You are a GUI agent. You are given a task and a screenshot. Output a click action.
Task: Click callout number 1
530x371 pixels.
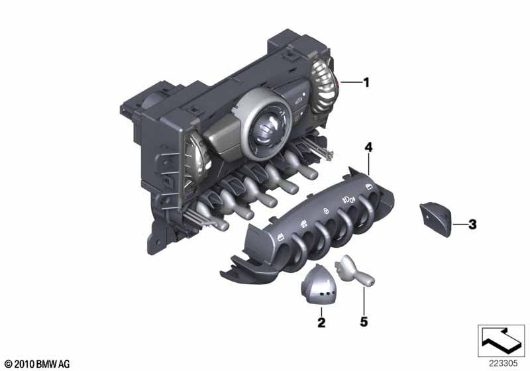tap(366, 82)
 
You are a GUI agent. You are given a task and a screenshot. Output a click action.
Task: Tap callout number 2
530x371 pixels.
tap(321, 323)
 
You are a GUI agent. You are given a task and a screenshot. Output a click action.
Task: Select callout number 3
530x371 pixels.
tap(472, 224)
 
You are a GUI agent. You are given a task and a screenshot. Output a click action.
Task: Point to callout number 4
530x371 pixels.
tap(368, 147)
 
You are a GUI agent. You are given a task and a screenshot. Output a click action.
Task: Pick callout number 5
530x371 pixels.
tap(364, 322)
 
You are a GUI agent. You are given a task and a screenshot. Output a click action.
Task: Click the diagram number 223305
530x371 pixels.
tap(503, 363)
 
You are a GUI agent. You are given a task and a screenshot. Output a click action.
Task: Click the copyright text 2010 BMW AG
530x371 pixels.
tap(38, 364)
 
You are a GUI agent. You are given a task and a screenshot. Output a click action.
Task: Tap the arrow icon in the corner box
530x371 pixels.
tap(501, 340)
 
